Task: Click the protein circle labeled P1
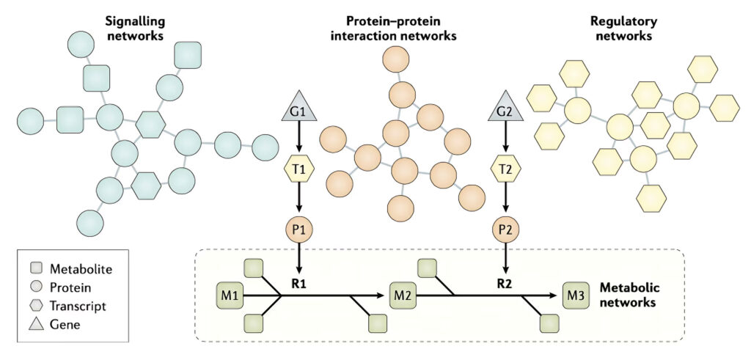(298, 229)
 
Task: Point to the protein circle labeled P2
(505, 229)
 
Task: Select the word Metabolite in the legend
(81, 270)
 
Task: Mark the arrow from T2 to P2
(505, 199)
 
